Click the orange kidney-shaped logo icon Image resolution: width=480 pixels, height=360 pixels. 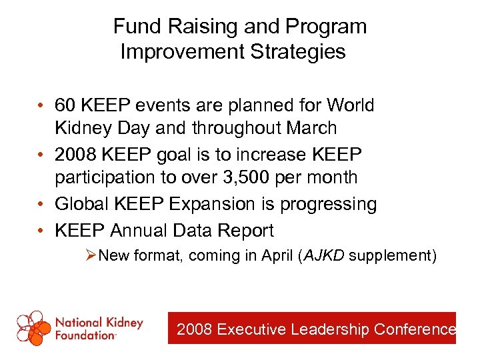33,327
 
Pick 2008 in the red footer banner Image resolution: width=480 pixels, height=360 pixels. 195,329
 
